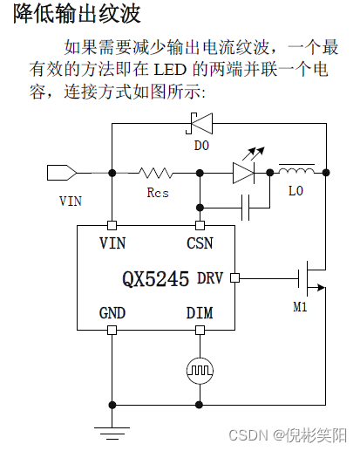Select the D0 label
(x=201, y=146)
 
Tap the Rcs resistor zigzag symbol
(x=157, y=174)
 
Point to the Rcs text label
(x=158, y=192)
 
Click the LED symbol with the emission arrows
(x=243, y=173)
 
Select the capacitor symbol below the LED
(x=246, y=207)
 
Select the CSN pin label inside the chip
(x=200, y=242)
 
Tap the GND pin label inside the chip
(x=112, y=313)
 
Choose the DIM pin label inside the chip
(x=200, y=313)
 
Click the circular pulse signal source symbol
(x=200, y=371)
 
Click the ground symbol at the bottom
(x=112, y=429)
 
